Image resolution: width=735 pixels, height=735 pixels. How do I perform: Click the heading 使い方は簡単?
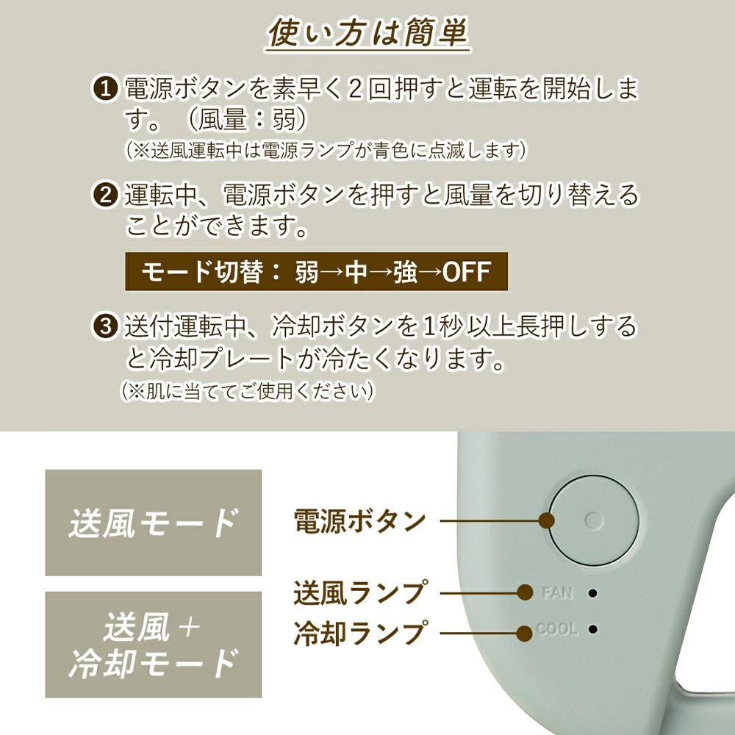[x=368, y=33]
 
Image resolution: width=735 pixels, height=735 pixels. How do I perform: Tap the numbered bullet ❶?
[x=106, y=89]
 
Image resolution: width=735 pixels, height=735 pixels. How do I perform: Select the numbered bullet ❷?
[x=106, y=195]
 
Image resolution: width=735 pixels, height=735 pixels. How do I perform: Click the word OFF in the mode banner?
[x=467, y=272]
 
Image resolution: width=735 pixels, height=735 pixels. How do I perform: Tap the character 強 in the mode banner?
[x=405, y=272]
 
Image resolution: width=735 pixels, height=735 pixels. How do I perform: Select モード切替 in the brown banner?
[x=201, y=272]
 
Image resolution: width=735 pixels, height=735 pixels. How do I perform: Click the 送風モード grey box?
[x=154, y=523]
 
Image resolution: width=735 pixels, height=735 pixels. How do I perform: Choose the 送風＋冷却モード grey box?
[x=154, y=645]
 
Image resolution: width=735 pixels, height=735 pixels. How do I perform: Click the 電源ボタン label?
[x=359, y=521]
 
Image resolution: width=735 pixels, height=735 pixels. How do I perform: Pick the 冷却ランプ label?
[x=360, y=633]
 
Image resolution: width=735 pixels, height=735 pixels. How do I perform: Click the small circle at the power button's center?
[x=595, y=520]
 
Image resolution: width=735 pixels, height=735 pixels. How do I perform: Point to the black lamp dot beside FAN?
[x=593, y=593]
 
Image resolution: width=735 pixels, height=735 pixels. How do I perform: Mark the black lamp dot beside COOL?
[x=593, y=628]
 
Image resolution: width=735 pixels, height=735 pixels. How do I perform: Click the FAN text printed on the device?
[x=557, y=593]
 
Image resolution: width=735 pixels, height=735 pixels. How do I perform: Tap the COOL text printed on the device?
[x=556, y=628]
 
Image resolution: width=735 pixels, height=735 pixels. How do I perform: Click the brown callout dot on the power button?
[x=547, y=520]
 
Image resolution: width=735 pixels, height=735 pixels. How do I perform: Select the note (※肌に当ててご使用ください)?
[x=248, y=391]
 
